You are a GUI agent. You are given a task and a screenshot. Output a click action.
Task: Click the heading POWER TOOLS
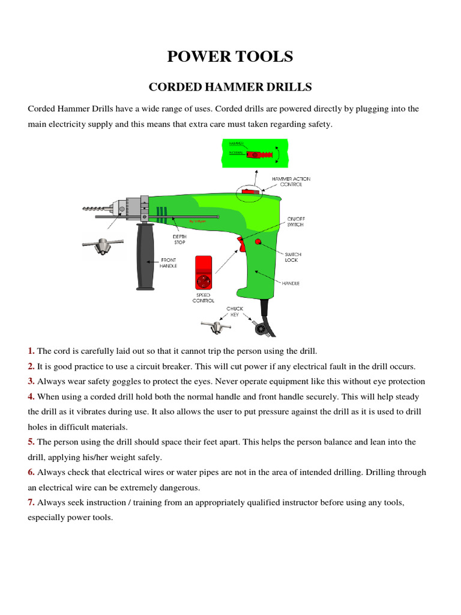point(230,56)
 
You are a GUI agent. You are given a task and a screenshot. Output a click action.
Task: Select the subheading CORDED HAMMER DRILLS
point(230,87)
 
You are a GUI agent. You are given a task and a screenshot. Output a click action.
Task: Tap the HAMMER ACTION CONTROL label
point(291,181)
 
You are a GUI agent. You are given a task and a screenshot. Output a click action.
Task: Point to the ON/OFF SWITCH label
point(295,221)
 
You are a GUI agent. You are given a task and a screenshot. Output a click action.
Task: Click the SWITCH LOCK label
point(293,257)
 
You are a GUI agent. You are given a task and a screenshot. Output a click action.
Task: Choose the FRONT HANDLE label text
point(168,263)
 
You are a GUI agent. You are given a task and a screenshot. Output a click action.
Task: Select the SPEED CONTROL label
point(203,298)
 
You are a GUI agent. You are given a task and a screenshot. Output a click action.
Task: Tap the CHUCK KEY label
point(235,312)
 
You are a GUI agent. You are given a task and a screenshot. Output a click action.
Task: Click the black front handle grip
point(144,257)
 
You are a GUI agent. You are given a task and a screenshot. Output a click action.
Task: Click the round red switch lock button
point(258,241)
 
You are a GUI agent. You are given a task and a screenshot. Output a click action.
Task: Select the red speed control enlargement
point(203,272)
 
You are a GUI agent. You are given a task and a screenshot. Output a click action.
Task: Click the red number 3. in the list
point(31,381)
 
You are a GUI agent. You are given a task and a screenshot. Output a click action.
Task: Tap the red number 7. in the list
point(31,502)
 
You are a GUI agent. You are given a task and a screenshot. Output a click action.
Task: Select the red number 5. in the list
point(31,442)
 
